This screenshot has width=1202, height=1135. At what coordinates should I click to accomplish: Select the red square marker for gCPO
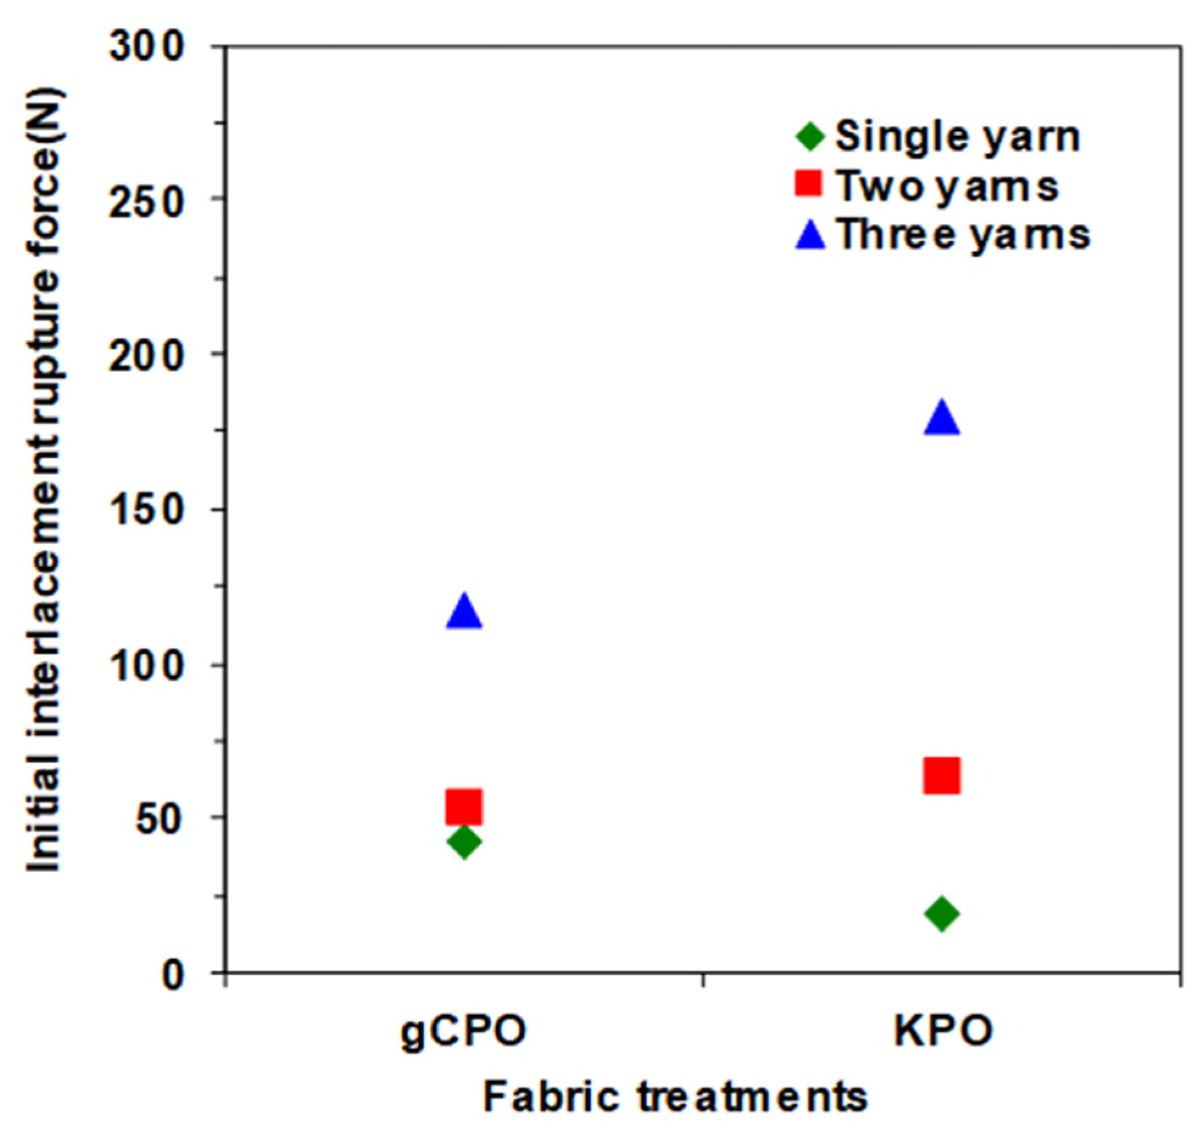[x=464, y=806]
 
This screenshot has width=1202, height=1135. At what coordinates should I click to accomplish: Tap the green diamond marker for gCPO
[x=464, y=842]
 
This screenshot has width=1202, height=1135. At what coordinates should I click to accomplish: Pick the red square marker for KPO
[x=942, y=776]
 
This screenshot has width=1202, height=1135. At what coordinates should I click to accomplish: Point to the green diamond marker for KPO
[x=942, y=913]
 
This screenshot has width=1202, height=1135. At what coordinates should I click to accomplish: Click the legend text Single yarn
[x=958, y=137]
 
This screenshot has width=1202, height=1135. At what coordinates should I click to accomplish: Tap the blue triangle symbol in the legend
[x=810, y=235]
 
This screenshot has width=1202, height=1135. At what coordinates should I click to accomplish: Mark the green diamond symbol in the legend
[x=810, y=136]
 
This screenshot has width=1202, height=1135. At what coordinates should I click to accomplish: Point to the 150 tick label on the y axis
[x=146, y=510]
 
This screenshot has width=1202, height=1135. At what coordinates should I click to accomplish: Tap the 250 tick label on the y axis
[x=146, y=199]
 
